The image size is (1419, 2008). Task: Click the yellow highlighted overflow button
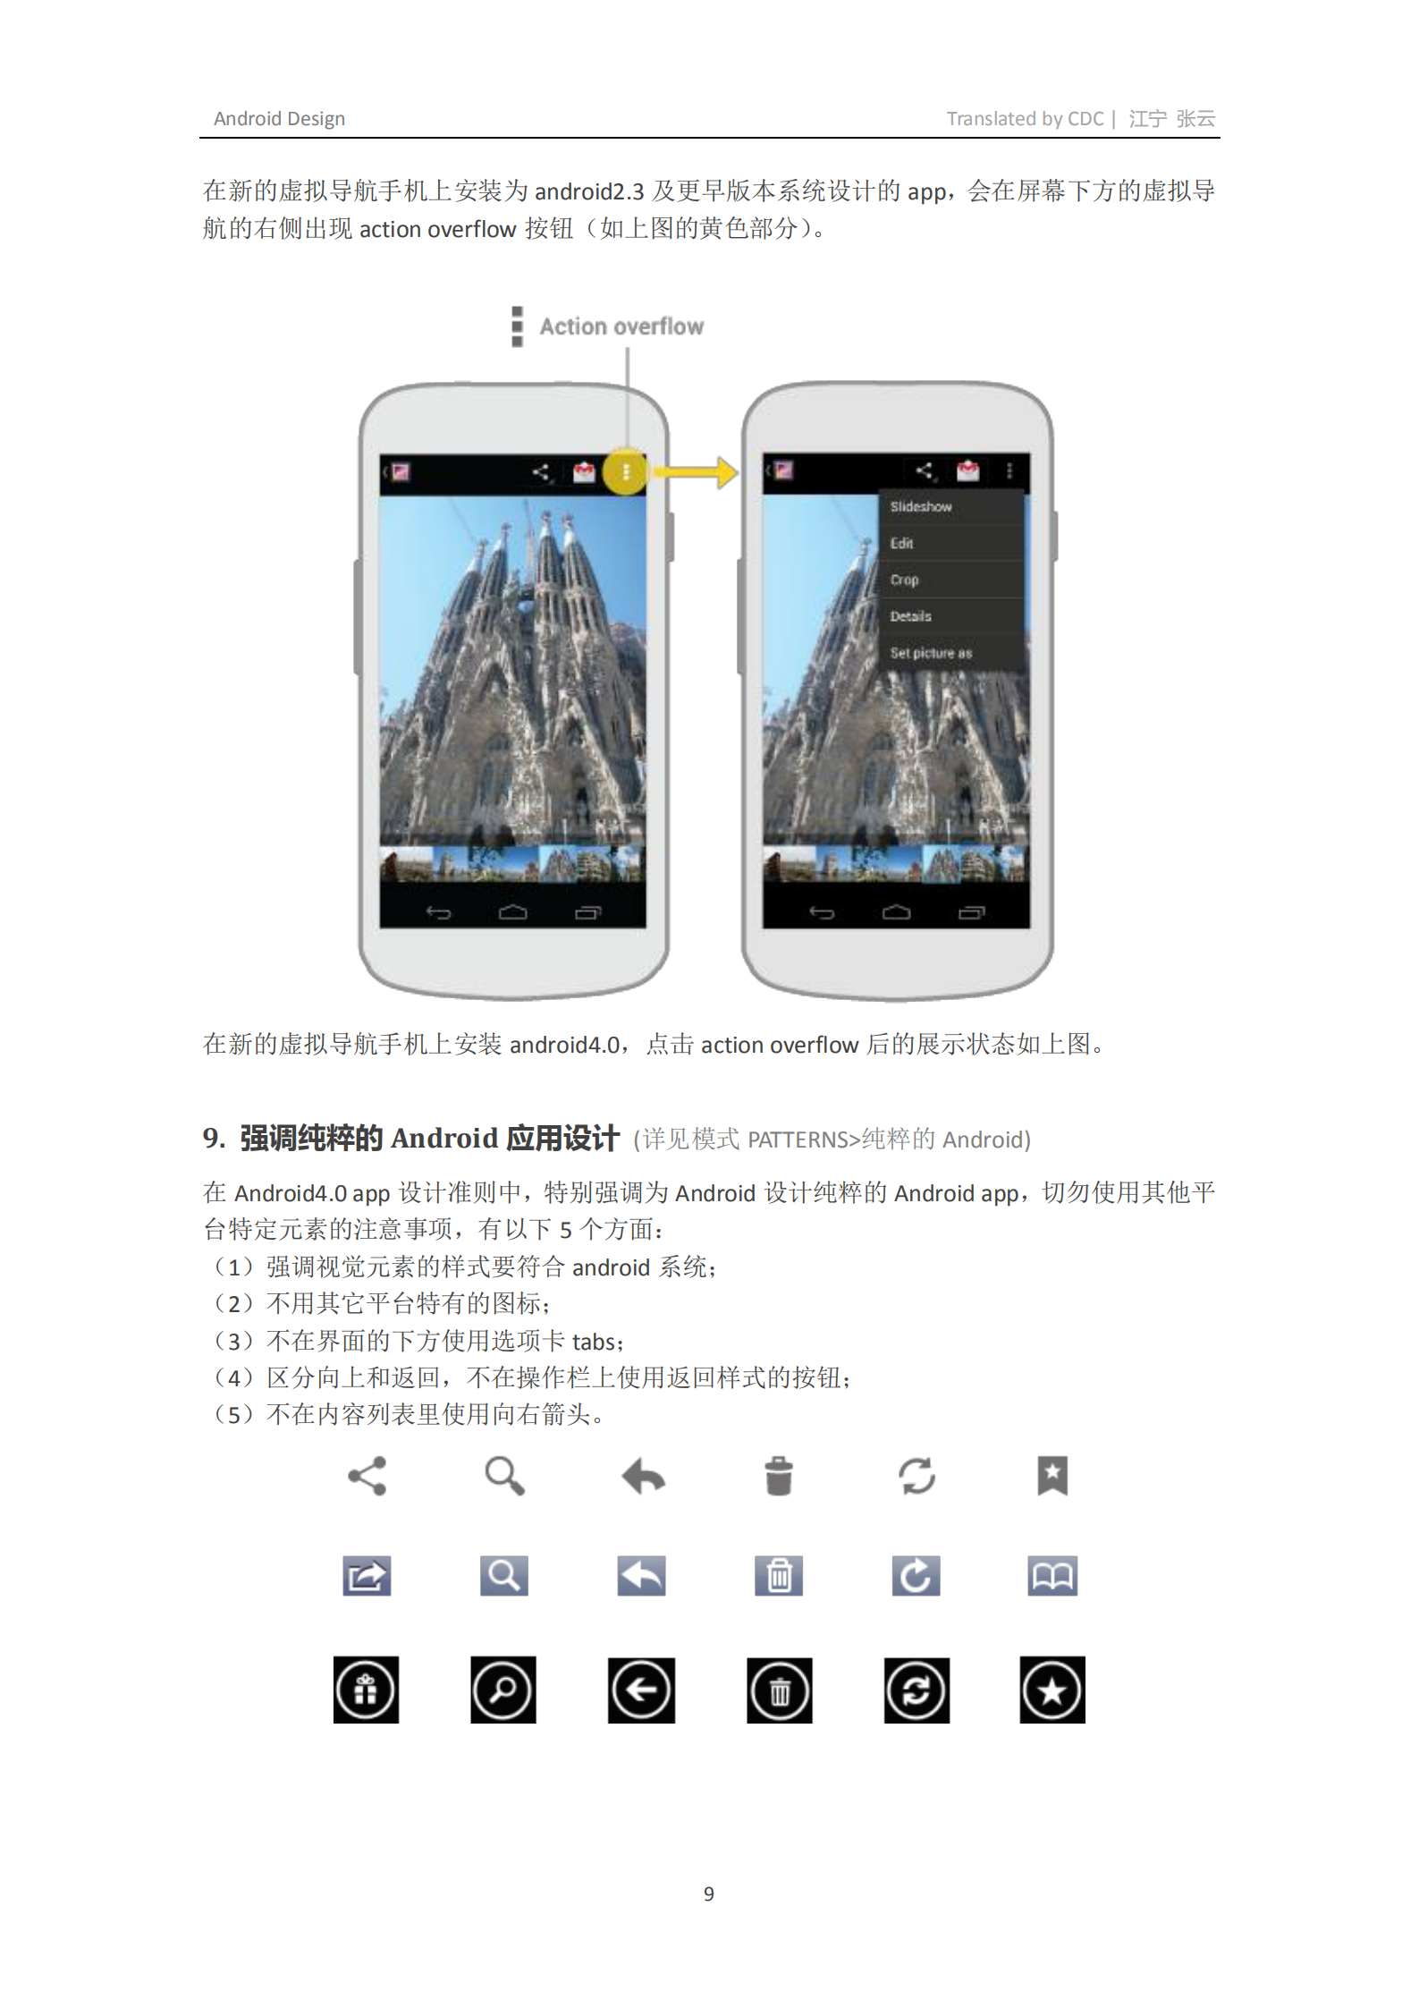coord(626,471)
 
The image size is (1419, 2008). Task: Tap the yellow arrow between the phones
coord(698,471)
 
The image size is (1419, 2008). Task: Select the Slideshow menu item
coord(921,506)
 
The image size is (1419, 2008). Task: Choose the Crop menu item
coord(905,580)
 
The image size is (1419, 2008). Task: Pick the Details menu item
coord(911,616)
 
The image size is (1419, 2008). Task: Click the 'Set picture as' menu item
coord(931,653)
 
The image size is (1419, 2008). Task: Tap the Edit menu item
coord(901,543)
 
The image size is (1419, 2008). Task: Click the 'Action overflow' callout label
coord(621,326)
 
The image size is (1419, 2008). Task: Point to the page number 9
coord(709,1894)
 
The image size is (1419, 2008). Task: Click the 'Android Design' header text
coord(279,119)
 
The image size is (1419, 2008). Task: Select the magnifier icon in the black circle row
coord(503,1690)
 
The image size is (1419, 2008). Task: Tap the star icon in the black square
coord(1052,1690)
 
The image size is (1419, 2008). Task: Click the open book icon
coord(1052,1575)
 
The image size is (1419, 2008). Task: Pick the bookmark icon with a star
coord(1052,1475)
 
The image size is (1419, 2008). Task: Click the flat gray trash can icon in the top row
coord(779,1476)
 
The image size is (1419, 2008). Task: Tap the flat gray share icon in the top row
coord(367,1476)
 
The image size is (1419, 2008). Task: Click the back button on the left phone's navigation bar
coord(439,912)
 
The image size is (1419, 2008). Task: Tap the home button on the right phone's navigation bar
coord(896,912)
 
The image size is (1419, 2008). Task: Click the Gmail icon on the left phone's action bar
coord(584,471)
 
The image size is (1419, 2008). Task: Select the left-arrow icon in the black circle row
coord(641,1690)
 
